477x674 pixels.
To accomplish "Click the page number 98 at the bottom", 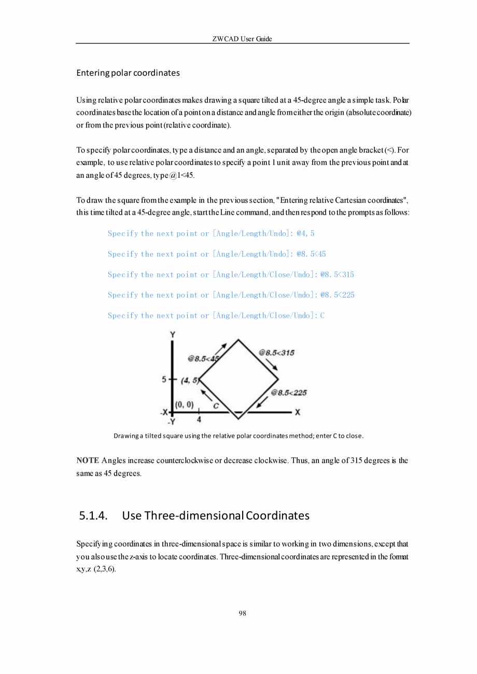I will tap(242, 613).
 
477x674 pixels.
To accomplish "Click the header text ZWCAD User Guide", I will tap(242, 39).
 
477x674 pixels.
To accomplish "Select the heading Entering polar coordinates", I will tap(128, 73).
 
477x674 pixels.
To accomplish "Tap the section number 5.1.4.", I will tap(93, 515).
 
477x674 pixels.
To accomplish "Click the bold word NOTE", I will tap(88, 460).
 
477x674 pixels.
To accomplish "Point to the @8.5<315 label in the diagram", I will tap(277, 353).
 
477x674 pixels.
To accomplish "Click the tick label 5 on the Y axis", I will tap(164, 379).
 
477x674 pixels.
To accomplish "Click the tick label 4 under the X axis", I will tap(199, 420).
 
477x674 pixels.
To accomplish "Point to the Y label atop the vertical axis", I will tap(172, 335).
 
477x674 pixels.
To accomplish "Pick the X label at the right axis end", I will tap(298, 413).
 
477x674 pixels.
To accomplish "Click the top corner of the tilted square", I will tap(238, 340).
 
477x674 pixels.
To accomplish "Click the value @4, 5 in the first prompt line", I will tap(305, 233).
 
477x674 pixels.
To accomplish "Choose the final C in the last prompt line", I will tap(322, 315).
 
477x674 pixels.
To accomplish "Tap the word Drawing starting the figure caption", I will tap(125, 436).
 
